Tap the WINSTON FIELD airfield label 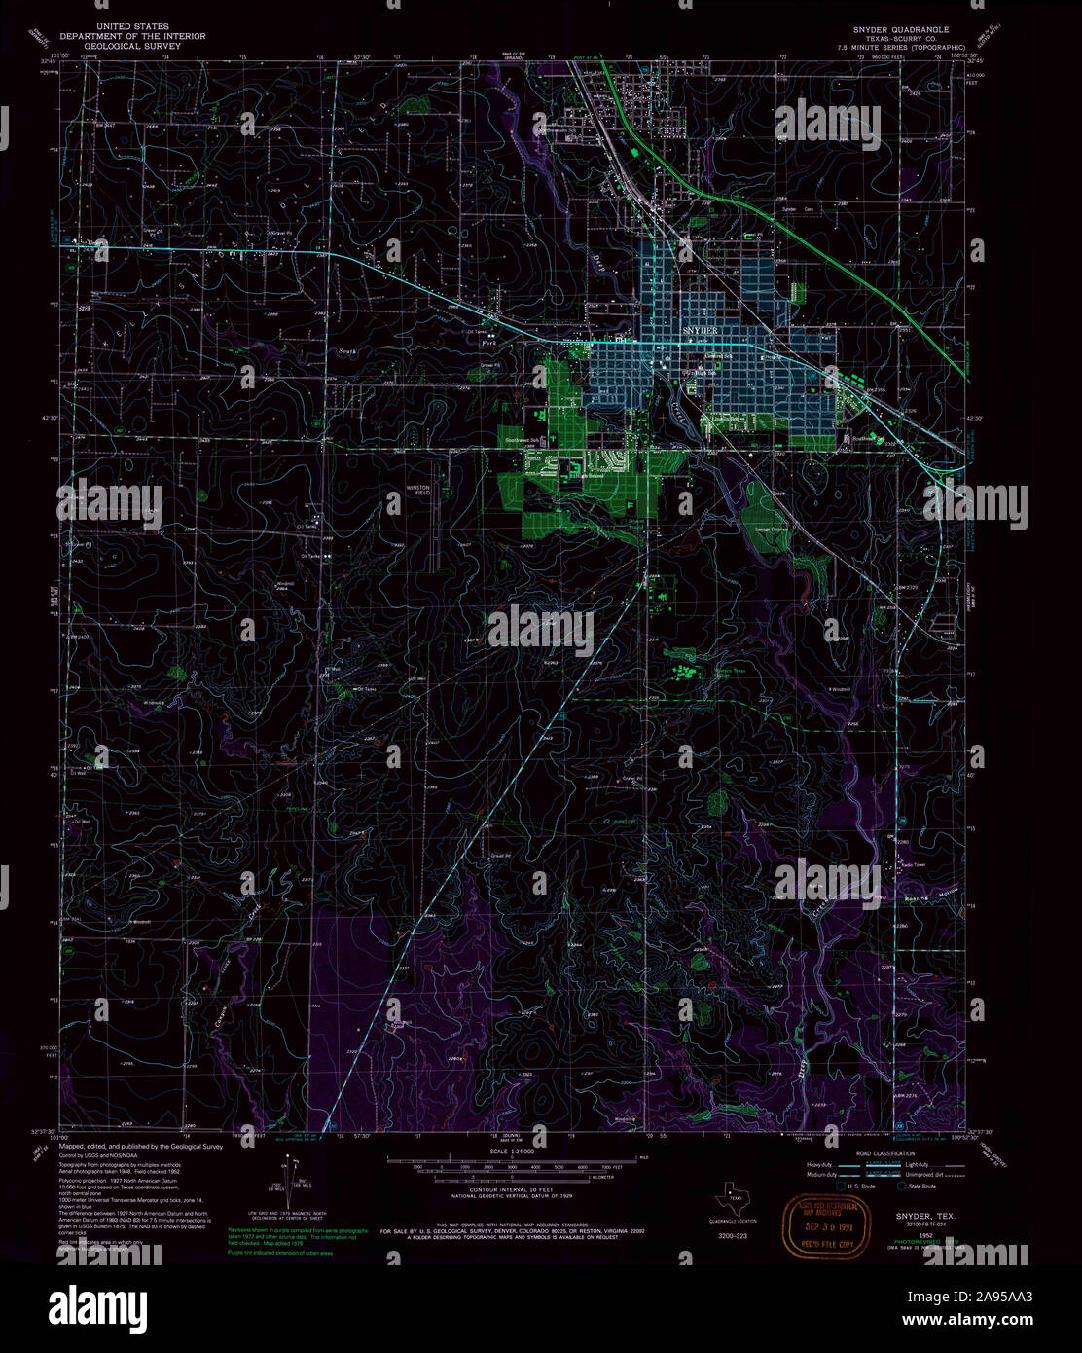click(416, 491)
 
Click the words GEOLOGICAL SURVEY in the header click(132, 45)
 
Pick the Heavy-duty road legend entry click(820, 1165)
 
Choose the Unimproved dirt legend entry click(925, 1174)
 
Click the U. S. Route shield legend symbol click(840, 1188)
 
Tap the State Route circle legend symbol click(901, 1188)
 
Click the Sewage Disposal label click(771, 530)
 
